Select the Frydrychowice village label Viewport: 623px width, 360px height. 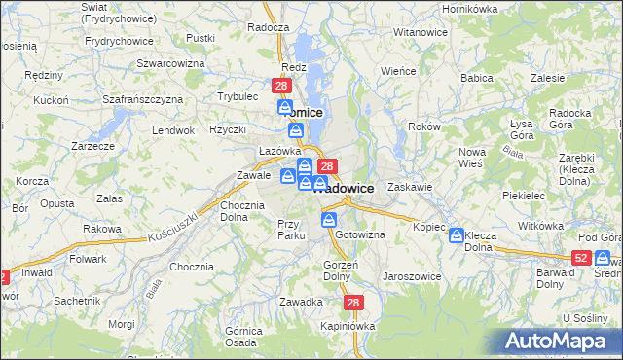pos(119,41)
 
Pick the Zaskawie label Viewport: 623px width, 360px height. pos(409,186)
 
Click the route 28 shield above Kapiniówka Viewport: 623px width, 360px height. pos(352,304)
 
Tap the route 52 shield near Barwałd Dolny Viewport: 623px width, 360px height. pos(581,257)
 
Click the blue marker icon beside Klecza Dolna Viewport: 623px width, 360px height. pos(456,235)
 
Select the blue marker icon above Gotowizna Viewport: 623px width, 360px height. pos(329,220)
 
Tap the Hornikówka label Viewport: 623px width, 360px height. pos(469,8)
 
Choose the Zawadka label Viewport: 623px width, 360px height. pos(301,302)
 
